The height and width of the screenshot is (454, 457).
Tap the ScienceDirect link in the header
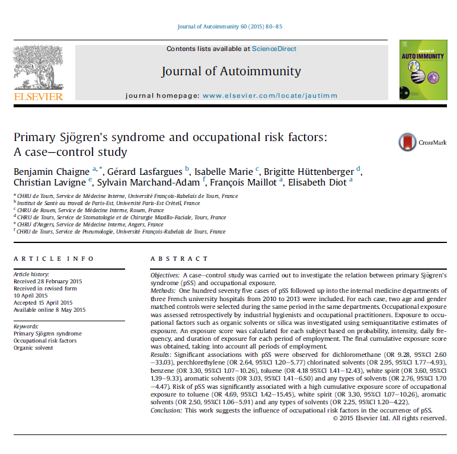pyautogui.click(x=274, y=49)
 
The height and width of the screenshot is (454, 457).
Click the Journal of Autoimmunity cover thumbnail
pyautogui.click(x=423, y=69)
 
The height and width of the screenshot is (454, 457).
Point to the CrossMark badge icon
pyautogui.click(x=407, y=142)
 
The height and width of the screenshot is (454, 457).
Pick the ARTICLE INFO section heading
pyautogui.click(x=53, y=259)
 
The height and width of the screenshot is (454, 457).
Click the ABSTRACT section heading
pyautogui.click(x=179, y=259)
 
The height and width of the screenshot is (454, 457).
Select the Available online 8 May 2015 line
pyautogui.click(x=49, y=310)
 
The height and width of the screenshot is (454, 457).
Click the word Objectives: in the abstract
pyautogui.click(x=165, y=276)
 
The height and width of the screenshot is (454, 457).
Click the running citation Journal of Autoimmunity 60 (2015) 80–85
pyautogui.click(x=229, y=27)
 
